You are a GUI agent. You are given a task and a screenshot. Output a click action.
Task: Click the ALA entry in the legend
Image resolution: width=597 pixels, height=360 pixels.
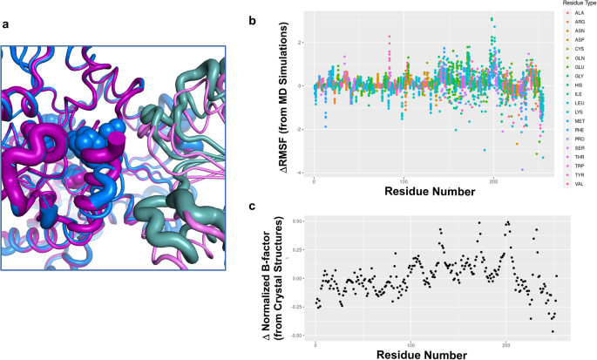(573, 16)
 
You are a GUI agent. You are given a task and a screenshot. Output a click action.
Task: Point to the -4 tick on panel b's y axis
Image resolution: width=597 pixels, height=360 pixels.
(297, 173)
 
